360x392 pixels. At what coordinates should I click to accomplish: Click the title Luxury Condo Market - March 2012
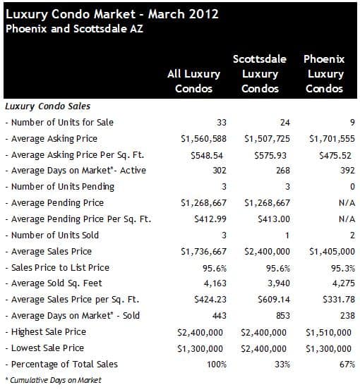tap(112, 15)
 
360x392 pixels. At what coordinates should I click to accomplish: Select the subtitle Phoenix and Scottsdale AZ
tap(74, 29)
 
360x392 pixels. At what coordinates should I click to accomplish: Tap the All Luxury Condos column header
tap(194, 81)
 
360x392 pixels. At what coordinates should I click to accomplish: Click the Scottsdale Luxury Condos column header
tap(260, 74)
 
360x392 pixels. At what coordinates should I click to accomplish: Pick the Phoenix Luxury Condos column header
tap(324, 74)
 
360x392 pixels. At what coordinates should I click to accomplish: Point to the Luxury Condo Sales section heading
tap(47, 106)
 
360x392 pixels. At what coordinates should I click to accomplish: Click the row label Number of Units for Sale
tap(59, 123)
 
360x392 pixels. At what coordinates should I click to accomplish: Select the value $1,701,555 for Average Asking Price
tap(332, 139)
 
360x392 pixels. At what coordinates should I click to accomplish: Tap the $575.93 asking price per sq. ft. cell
tap(270, 156)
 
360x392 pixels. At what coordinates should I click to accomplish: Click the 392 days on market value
tap(347, 171)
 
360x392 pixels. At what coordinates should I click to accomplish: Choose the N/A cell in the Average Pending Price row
tap(347, 203)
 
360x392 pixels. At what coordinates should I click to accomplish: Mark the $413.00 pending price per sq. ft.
tap(274, 219)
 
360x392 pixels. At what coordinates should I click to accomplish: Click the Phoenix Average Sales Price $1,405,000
tap(332, 252)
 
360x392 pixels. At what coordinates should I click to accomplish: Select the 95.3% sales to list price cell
tap(343, 268)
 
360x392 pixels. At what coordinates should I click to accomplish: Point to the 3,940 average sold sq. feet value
tap(278, 283)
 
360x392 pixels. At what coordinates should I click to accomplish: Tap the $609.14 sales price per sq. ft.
tap(274, 300)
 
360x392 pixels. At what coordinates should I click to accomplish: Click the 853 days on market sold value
tap(283, 316)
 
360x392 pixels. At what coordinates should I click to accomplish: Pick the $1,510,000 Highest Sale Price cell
tap(328, 333)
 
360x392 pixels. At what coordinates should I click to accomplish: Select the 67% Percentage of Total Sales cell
tap(347, 365)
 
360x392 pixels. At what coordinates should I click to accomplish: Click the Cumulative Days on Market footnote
tap(54, 380)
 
